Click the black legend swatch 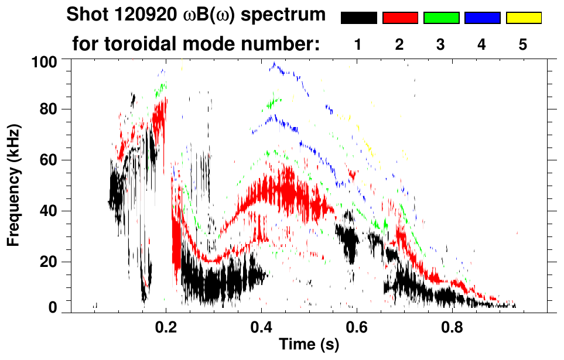pyautogui.click(x=359, y=18)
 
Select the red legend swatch pyautogui.click(x=400, y=18)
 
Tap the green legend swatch pyautogui.click(x=441, y=18)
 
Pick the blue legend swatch pyautogui.click(x=482, y=18)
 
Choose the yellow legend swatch pyautogui.click(x=523, y=18)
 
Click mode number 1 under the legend pyautogui.click(x=358, y=44)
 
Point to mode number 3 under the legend pyautogui.click(x=441, y=44)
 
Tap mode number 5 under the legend pyautogui.click(x=523, y=44)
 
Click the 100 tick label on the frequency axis pyautogui.click(x=43, y=61)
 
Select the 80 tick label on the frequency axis pyautogui.click(x=47, y=109)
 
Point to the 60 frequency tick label pyautogui.click(x=47, y=160)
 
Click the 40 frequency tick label pyautogui.click(x=47, y=211)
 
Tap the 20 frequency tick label pyautogui.click(x=47, y=262)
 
